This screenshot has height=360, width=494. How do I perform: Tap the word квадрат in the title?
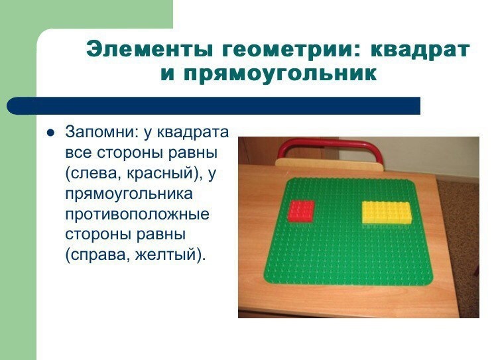[420, 50]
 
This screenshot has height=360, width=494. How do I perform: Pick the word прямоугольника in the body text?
[129, 194]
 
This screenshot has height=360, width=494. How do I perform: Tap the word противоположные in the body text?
[137, 214]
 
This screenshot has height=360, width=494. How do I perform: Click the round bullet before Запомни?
[50, 133]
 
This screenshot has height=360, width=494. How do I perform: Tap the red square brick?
[301, 211]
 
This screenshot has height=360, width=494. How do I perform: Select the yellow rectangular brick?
[387, 213]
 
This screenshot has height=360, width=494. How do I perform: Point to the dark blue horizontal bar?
[214, 106]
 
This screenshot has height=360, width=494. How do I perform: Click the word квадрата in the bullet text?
[192, 133]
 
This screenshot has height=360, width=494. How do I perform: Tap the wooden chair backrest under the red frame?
[330, 165]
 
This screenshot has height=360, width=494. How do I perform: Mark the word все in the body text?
[79, 153]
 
